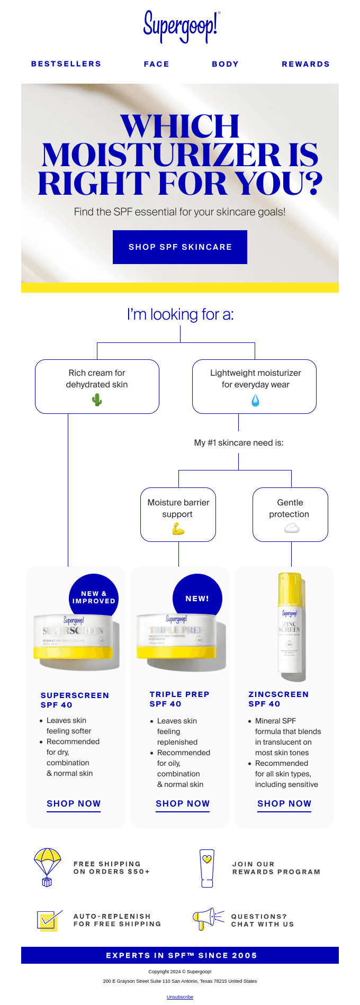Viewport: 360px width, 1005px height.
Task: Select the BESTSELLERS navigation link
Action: tap(66, 64)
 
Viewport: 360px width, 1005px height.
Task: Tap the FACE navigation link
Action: tap(156, 64)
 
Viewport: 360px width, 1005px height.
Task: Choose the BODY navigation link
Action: tap(225, 64)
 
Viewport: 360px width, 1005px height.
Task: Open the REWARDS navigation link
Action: tap(305, 64)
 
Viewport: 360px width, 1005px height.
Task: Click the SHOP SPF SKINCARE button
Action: tap(180, 247)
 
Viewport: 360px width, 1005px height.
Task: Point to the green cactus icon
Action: tap(97, 400)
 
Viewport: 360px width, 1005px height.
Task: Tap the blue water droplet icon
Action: tap(255, 401)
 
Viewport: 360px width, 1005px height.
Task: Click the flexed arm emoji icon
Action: tap(178, 528)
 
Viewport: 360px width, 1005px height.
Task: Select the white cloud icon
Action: tap(292, 528)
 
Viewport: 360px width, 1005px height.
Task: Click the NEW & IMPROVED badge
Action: tap(94, 597)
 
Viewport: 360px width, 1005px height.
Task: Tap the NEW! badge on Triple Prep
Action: tap(197, 599)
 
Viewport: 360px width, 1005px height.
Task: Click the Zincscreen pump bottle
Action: tap(290, 627)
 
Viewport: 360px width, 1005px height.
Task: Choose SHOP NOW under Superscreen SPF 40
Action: tap(74, 803)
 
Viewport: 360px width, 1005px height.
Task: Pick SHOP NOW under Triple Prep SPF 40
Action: tap(183, 803)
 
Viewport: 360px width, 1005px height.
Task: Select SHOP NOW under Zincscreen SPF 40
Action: tap(284, 803)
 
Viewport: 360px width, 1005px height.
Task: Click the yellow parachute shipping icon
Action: tap(47, 867)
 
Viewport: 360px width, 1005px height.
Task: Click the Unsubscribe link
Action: tap(180, 997)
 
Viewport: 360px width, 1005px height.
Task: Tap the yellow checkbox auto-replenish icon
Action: tap(47, 921)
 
